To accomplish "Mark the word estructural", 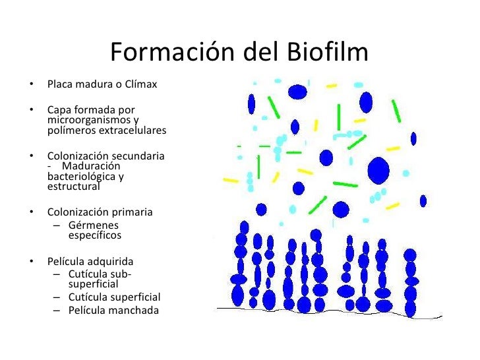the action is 73,187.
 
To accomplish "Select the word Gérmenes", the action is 90,225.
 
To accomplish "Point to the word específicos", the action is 94,235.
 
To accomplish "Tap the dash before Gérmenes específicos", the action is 57,225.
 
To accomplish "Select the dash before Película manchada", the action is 57,310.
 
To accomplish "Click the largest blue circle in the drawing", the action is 379,169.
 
